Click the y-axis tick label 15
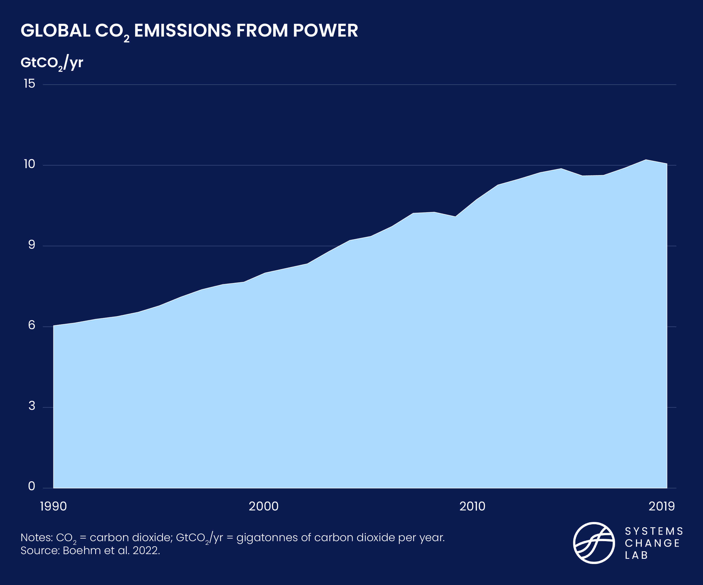(30, 84)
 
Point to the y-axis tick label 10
(30, 164)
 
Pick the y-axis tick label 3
(31, 406)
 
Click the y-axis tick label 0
(31, 486)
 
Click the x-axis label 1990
(53, 506)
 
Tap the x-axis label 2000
(263, 506)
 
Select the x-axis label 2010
(472, 506)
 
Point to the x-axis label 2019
(661, 506)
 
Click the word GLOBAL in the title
(56, 31)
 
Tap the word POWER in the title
(325, 31)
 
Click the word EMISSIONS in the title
(182, 31)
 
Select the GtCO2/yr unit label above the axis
(52, 63)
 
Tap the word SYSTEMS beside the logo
(654, 532)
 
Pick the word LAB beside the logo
(636, 555)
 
